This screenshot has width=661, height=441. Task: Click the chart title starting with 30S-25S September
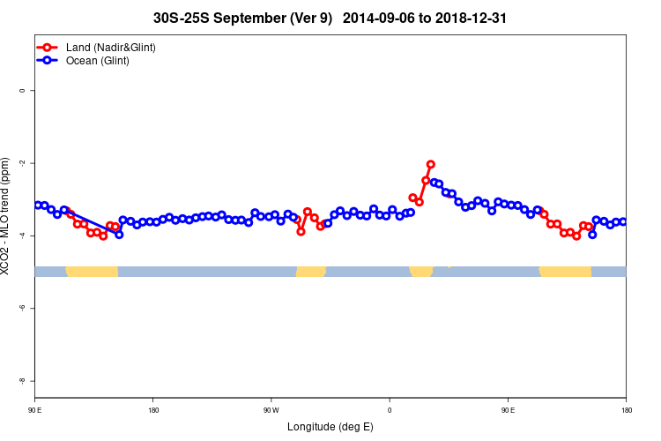[x=330, y=18]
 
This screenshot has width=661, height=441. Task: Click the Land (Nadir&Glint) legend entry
[x=110, y=47]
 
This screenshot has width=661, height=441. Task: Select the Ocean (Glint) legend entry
[x=97, y=61]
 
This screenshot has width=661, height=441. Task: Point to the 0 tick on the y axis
[x=22, y=91]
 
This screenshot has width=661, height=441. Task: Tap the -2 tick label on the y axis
[x=22, y=163]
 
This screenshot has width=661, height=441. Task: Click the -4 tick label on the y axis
[x=22, y=235]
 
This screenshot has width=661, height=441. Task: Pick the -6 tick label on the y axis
[x=22, y=308]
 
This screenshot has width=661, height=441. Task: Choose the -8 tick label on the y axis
[x=22, y=380]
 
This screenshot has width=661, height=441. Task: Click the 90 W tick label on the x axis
[x=271, y=410]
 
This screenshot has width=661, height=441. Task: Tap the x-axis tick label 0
[x=390, y=410]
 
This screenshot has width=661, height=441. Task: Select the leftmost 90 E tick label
[x=34, y=410]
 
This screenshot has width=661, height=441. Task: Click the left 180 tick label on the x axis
[x=153, y=410]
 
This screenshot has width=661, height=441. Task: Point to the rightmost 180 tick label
[x=626, y=410]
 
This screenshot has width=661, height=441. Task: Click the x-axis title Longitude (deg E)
[x=330, y=427]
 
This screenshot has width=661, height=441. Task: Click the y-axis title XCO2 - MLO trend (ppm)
[x=8, y=216]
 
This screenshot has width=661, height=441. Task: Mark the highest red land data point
[x=431, y=164]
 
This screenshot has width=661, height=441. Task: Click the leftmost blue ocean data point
[x=37, y=205]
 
